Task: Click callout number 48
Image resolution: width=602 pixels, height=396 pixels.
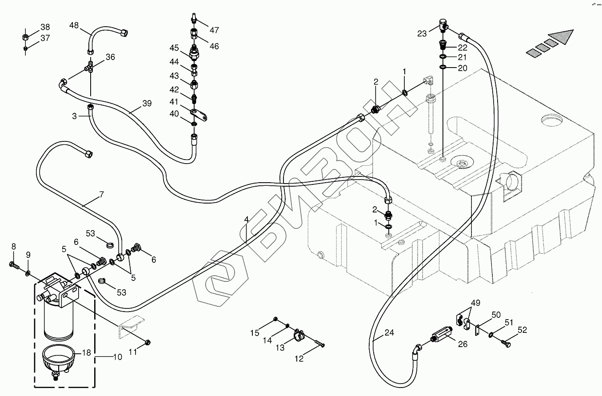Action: [x=74, y=25]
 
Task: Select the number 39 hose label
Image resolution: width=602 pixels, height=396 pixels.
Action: [x=147, y=104]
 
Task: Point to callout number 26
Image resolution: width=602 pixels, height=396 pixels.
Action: [x=462, y=344]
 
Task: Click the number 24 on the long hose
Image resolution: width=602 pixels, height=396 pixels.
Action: [x=389, y=332]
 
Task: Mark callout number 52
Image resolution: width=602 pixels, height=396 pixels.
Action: [x=522, y=330]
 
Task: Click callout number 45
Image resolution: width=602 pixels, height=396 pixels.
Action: [x=174, y=48]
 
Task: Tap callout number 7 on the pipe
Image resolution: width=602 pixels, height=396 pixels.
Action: [x=101, y=194]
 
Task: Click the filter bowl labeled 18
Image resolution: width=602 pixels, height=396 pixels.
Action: [x=58, y=360]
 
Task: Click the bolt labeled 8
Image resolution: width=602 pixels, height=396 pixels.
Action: [x=14, y=265]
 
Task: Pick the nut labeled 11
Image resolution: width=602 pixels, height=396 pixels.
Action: [x=148, y=342]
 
